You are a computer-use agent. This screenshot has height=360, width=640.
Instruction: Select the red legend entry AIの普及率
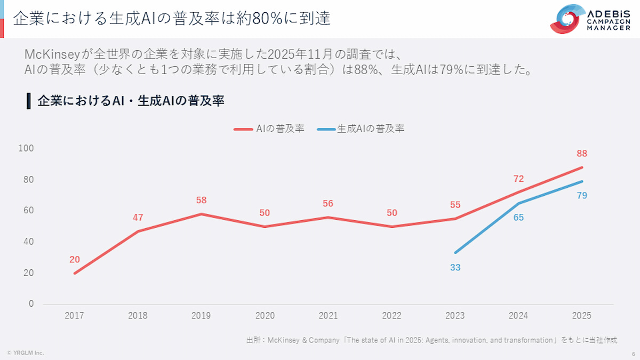click(269, 129)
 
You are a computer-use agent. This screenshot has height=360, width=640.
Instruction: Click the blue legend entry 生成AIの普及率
click(361, 129)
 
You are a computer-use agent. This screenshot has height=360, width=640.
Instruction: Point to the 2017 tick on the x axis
click(75, 315)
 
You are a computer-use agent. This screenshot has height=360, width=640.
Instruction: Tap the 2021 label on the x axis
click(328, 315)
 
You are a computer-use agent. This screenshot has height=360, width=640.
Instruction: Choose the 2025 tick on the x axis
click(581, 315)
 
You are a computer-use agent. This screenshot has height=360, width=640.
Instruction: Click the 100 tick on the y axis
click(27, 148)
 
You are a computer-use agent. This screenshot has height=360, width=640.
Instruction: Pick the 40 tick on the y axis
click(29, 242)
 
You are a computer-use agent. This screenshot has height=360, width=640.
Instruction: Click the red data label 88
click(582, 154)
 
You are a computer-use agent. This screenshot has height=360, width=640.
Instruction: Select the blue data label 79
click(582, 196)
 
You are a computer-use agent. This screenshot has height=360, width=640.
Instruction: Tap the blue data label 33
click(455, 268)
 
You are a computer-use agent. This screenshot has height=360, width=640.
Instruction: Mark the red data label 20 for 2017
click(75, 260)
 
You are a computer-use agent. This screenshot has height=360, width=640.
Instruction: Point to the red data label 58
click(201, 201)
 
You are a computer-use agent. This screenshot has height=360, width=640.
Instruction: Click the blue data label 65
click(518, 218)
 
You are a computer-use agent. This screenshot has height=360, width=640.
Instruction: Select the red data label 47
click(138, 218)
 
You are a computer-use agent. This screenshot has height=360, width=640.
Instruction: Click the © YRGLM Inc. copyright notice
click(25, 353)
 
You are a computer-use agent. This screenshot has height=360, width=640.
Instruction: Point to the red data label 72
click(518, 179)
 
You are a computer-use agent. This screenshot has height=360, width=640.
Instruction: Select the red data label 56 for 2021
click(328, 204)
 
